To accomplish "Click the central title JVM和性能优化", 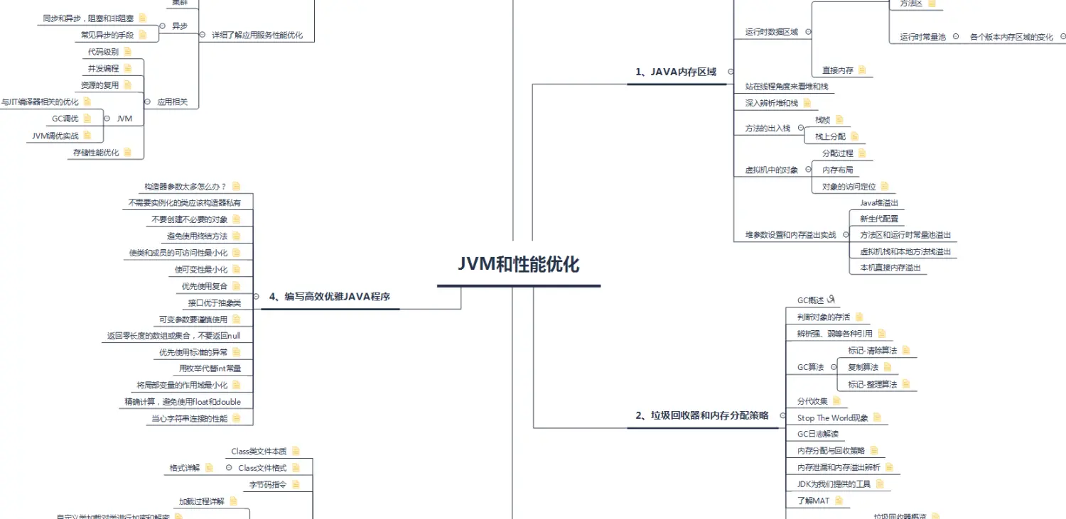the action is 519,265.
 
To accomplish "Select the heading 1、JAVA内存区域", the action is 676,72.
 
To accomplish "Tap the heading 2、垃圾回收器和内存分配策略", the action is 702,415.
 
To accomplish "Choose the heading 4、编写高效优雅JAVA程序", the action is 330,297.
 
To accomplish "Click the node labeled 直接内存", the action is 838,70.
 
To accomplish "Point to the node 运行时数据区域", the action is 771,32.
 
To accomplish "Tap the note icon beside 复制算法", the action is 887,367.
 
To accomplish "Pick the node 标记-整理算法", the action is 872,384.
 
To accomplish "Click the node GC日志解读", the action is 817,434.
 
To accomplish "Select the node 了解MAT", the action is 813,501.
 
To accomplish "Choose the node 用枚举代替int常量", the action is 210,368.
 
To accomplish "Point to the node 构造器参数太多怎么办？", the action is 185,187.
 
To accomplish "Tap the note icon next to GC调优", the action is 87,119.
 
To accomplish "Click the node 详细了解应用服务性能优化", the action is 258,35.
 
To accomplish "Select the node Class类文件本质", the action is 259,451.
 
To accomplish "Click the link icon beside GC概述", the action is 833,300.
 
